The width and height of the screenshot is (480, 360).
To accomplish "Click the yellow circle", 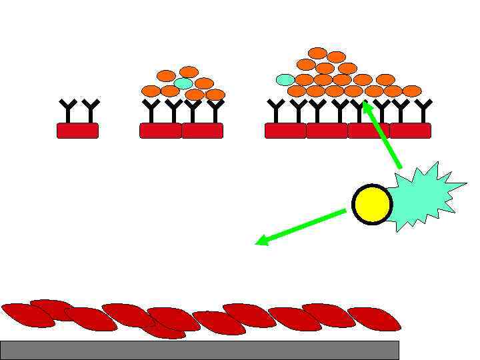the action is [372, 204].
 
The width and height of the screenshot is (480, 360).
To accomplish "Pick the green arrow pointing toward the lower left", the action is [300, 227].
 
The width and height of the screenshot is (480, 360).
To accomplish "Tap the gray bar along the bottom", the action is [199, 349].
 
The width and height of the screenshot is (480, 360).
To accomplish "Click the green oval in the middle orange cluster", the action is [183, 83].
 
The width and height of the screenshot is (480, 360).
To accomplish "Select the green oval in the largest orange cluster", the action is [285, 79].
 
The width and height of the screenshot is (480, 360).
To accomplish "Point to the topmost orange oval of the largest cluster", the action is [318, 53].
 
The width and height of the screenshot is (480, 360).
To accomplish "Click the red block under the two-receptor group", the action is [77, 131].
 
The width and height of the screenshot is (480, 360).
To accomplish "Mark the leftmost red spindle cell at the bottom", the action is [27, 315].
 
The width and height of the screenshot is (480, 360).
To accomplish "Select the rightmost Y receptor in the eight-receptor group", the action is [423, 111].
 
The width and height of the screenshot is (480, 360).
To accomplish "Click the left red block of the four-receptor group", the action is [160, 131].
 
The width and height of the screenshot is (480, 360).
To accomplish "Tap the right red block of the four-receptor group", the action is [203, 131].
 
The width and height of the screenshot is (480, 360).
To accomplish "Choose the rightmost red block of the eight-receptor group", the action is [411, 131].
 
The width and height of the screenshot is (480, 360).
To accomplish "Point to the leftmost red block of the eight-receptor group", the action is [285, 131].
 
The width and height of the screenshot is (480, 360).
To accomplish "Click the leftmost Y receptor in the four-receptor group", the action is [152, 111].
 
